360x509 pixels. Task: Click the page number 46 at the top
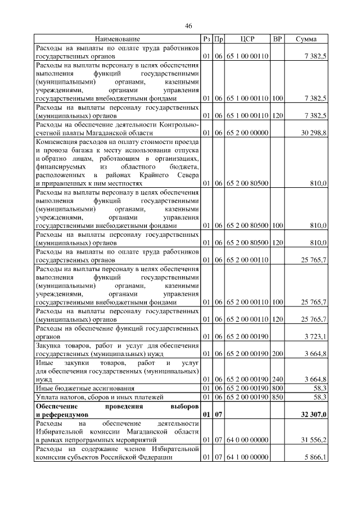click(x=188, y=26)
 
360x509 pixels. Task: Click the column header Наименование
click(x=117, y=39)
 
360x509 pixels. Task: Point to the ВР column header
click(x=277, y=39)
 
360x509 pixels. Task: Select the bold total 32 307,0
click(x=312, y=415)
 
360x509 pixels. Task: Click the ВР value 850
click(x=277, y=397)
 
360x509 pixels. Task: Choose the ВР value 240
click(x=277, y=379)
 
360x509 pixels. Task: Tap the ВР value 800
click(x=277, y=388)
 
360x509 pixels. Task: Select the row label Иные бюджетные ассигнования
click(x=85, y=388)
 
